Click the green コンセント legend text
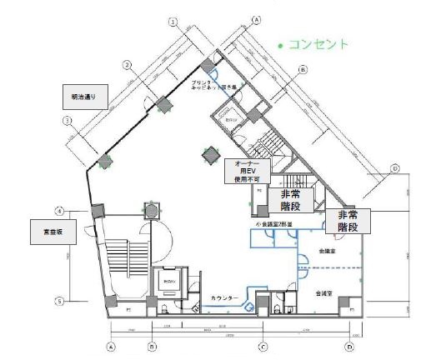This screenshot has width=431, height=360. coord(318,44)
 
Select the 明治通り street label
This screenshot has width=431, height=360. coord(83,98)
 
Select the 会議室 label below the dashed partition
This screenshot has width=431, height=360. coord(322,293)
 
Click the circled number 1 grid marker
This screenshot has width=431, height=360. coord(66,122)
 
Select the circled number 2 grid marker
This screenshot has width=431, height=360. coord(127,64)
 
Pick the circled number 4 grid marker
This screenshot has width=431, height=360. coord(59,210)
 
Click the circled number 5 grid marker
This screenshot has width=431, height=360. coord(59,301)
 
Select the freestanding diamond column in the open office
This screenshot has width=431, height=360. coord(208,153)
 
